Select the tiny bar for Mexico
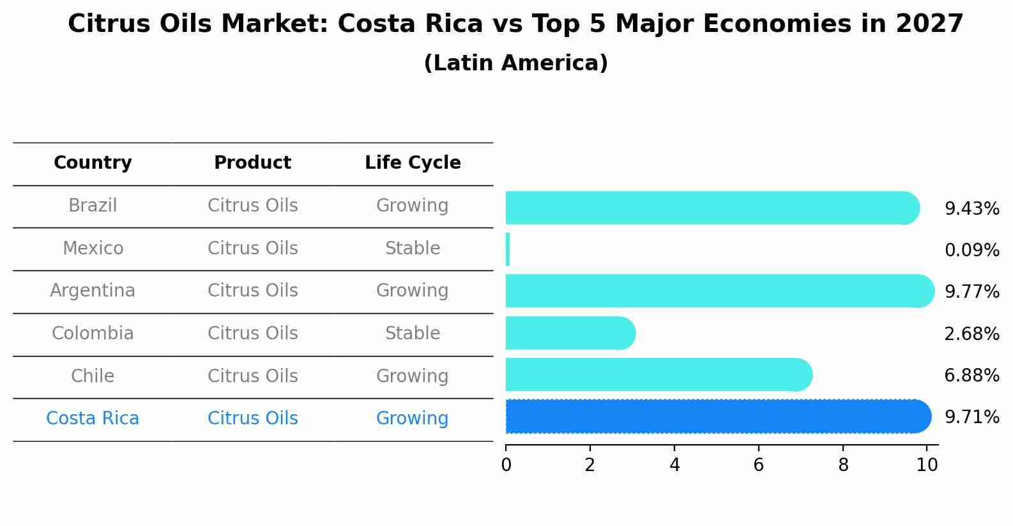[508, 249]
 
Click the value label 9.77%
[971, 292]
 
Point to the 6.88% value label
[971, 376]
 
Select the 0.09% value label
[971, 251]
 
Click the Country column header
[93, 163]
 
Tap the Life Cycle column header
[413, 163]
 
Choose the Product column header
[252, 163]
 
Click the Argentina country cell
[93, 291]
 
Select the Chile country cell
[93, 376]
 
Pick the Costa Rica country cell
[93, 419]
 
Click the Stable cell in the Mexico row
[413, 248]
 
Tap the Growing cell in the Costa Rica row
[413, 419]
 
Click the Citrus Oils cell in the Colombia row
[252, 334]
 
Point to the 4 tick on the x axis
[674, 465]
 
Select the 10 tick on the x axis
[927, 465]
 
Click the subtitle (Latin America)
[515, 63]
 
